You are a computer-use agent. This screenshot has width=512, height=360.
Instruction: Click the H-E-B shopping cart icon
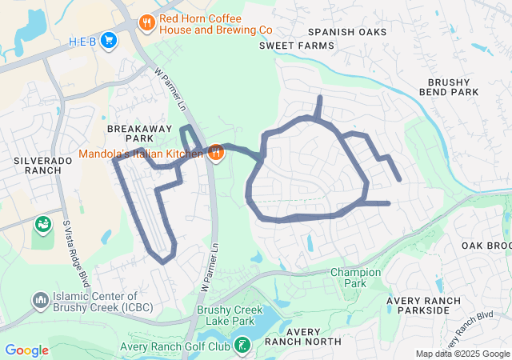pyautogui.click(x=110, y=40)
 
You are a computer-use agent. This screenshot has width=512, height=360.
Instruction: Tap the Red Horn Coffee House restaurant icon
pyautogui.click(x=146, y=23)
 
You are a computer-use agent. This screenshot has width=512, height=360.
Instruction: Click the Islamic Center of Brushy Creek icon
pyautogui.click(x=40, y=300)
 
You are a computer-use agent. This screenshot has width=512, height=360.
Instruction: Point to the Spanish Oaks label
pyautogui.click(x=347, y=32)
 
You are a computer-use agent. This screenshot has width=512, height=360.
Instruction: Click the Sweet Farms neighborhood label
pyautogui.click(x=296, y=46)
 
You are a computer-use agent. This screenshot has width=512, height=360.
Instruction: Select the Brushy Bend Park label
pyautogui.click(x=453, y=87)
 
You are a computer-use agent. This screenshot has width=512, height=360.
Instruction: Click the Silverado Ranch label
pyautogui.click(x=43, y=166)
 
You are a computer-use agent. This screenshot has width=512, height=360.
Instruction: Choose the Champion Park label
pyautogui.click(x=356, y=278)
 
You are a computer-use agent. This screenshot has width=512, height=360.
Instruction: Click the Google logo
pyautogui.click(x=26, y=350)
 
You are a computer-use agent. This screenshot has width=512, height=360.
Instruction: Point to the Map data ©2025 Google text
pyautogui.click(x=462, y=354)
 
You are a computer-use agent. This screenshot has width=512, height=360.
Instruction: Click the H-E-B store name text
pyautogui.click(x=82, y=40)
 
